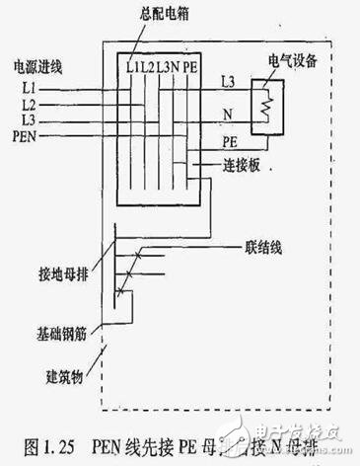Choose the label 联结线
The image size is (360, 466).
259,244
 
